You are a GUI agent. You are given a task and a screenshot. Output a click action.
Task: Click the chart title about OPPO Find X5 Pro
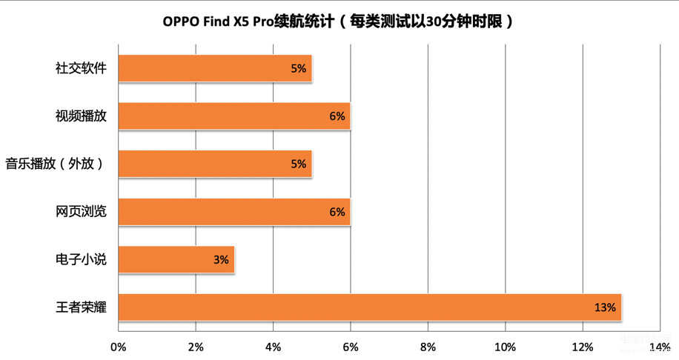[338, 21]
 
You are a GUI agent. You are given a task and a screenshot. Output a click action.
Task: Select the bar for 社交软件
[215, 68]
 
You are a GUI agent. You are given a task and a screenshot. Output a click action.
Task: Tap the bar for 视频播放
[234, 116]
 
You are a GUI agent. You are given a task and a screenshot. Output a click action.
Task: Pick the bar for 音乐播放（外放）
[215, 164]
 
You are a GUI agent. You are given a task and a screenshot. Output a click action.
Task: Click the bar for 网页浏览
[234, 212]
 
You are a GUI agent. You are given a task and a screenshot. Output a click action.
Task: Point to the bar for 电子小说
[176, 260]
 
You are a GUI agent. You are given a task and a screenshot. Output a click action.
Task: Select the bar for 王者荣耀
[369, 307]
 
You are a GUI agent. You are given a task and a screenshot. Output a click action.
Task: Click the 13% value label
[605, 307]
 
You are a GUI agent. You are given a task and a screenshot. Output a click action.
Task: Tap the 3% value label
[221, 260]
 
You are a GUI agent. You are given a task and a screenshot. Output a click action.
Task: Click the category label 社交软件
[81, 68]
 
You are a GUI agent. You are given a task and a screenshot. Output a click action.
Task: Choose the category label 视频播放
[81, 116]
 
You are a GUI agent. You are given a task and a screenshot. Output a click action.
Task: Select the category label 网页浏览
[81, 212]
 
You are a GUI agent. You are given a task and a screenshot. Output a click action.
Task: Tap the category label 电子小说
[81, 260]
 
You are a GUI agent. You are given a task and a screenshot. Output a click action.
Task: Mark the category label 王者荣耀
[81, 307]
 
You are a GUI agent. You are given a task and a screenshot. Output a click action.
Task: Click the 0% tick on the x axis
[119, 346]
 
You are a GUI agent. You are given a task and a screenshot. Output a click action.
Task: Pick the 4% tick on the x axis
[273, 346]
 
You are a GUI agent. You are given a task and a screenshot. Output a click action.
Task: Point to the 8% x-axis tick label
[428, 346]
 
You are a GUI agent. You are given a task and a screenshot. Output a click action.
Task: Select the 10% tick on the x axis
[506, 346]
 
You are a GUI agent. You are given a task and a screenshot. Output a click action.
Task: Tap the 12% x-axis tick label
[583, 346]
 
